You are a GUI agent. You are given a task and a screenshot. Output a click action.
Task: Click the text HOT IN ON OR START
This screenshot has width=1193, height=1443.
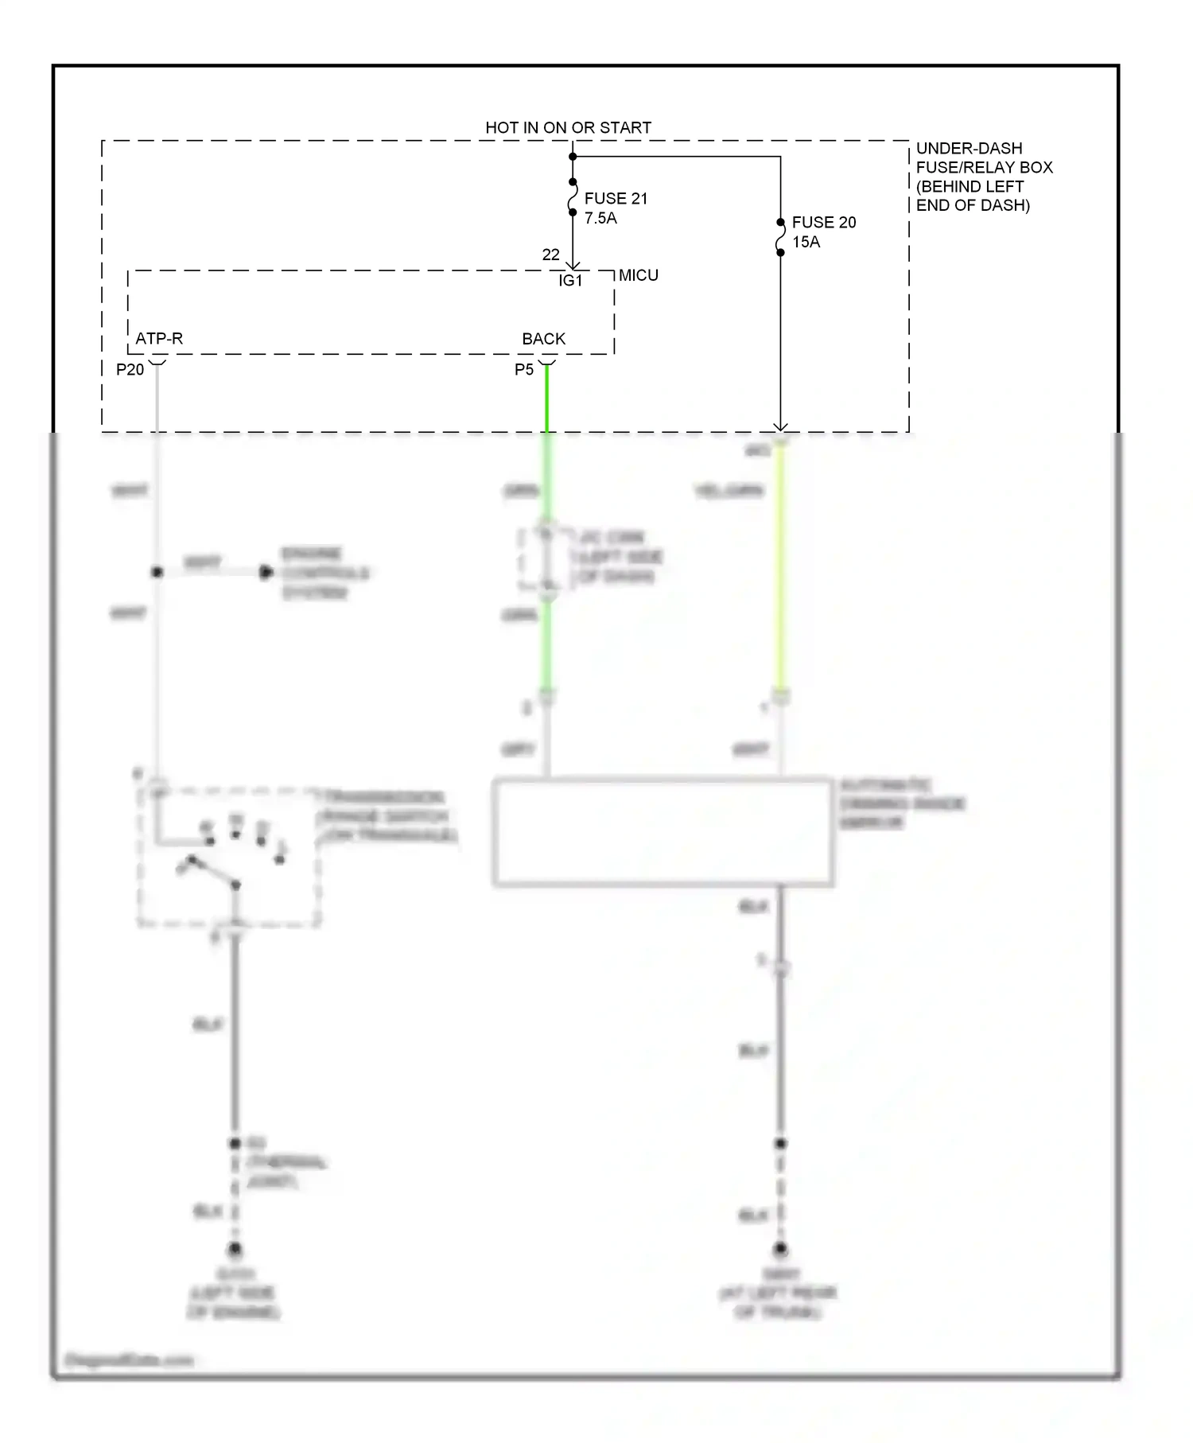click(x=568, y=127)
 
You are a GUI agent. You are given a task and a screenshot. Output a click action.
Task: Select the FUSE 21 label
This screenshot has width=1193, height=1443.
click(x=616, y=198)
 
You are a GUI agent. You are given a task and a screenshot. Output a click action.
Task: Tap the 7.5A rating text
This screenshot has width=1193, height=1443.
click(x=600, y=218)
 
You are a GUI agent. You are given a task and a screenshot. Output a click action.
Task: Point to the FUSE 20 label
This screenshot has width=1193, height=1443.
click(x=824, y=222)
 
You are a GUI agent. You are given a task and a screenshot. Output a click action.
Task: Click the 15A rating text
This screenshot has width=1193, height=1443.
click(x=806, y=242)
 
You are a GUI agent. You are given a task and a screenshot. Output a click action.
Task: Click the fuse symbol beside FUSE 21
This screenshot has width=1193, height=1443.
click(x=573, y=197)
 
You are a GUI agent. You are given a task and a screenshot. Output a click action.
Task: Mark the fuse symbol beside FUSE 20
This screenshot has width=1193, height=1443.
click(x=780, y=238)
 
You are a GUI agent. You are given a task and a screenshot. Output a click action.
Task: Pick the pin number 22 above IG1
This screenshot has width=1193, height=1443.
click(x=550, y=255)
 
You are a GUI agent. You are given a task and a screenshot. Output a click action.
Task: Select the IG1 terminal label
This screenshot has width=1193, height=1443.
click(x=570, y=280)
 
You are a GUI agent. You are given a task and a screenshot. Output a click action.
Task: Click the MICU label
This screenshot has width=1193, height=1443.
click(x=638, y=275)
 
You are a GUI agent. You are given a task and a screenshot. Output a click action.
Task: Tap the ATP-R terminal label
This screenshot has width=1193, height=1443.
click(x=159, y=339)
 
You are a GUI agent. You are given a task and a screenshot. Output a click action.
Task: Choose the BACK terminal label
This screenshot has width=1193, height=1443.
click(x=543, y=339)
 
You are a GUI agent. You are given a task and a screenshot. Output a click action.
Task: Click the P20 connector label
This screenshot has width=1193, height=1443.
click(x=130, y=369)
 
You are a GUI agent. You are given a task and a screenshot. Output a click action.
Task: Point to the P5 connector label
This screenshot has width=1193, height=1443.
click(x=523, y=369)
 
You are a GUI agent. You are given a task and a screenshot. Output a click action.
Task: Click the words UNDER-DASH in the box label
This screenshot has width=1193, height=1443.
click(x=969, y=149)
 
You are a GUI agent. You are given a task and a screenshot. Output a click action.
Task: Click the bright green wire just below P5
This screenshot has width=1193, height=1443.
click(x=546, y=398)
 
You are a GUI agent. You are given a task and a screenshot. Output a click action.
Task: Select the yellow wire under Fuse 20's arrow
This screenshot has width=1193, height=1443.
click(x=780, y=573)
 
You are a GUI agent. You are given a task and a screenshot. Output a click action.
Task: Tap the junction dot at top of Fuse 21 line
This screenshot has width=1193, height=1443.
click(x=573, y=157)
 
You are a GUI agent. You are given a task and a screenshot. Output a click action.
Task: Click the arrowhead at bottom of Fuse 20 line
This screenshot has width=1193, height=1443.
click(x=780, y=427)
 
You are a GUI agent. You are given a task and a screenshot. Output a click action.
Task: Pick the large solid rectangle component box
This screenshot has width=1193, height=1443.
click(x=663, y=832)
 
